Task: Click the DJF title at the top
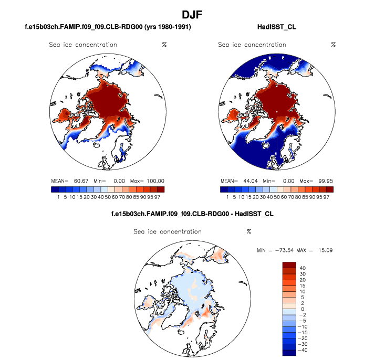193,13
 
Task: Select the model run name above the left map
108,26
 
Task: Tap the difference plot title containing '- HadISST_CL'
192,214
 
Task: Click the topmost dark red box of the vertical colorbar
290,264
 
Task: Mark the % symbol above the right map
333,45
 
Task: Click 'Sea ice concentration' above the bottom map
168,231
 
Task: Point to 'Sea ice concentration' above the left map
83,45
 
